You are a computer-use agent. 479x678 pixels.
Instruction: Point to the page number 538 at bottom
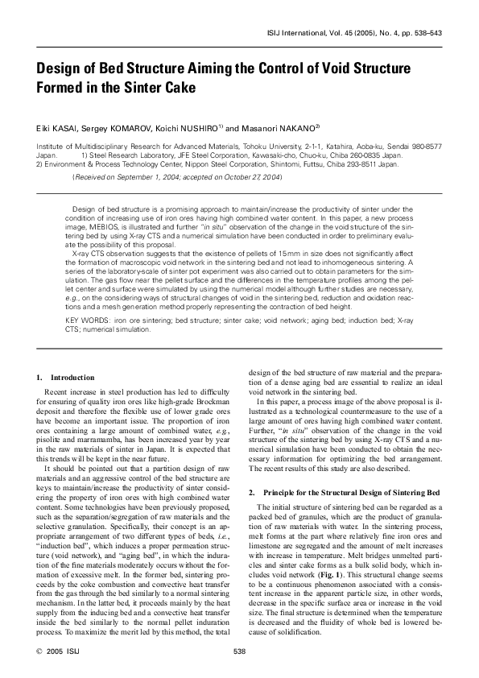(x=238, y=651)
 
